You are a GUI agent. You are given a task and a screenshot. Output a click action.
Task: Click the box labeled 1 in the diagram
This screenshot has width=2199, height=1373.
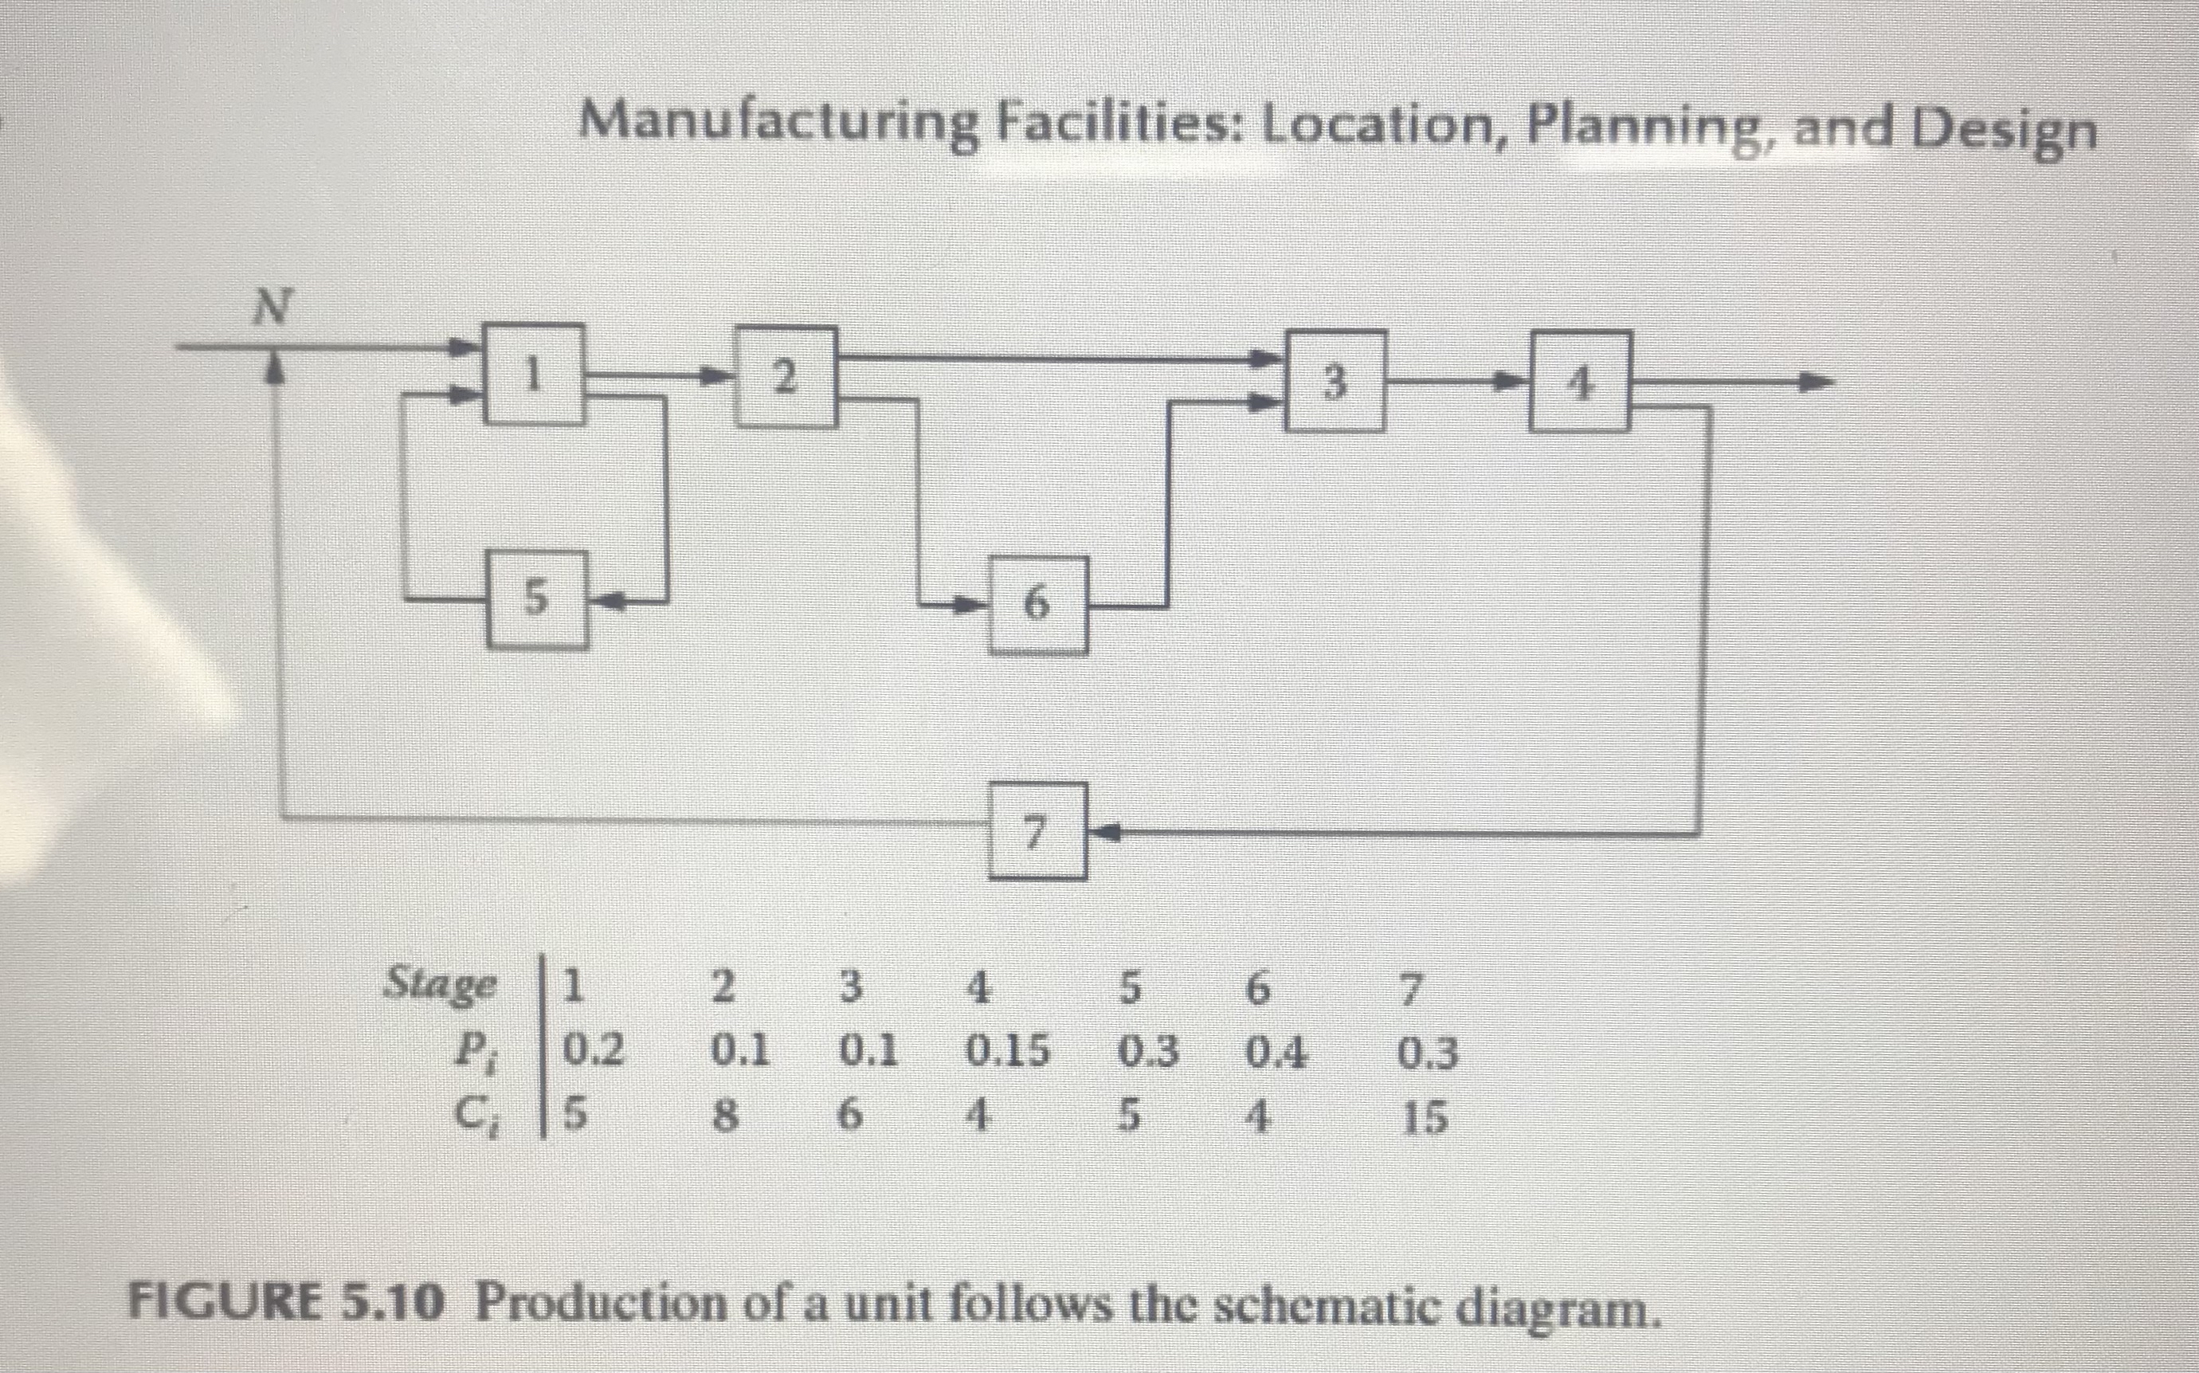(534, 374)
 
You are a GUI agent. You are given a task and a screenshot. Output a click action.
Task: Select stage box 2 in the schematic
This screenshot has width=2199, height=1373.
(786, 376)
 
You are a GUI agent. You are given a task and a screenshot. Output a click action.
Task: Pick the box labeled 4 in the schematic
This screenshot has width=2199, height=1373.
(1580, 382)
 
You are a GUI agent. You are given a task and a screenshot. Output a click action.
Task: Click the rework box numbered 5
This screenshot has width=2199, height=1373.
(536, 600)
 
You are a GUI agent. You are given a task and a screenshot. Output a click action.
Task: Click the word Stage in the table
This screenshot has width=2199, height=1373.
(442, 984)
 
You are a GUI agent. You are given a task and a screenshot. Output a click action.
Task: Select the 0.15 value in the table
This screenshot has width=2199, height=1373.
(1006, 1052)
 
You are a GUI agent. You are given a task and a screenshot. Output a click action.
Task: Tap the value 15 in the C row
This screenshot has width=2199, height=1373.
(1425, 1118)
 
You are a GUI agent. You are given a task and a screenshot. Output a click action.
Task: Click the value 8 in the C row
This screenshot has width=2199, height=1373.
(723, 1117)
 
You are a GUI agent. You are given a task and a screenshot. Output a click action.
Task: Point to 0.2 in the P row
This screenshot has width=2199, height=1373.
(594, 1050)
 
